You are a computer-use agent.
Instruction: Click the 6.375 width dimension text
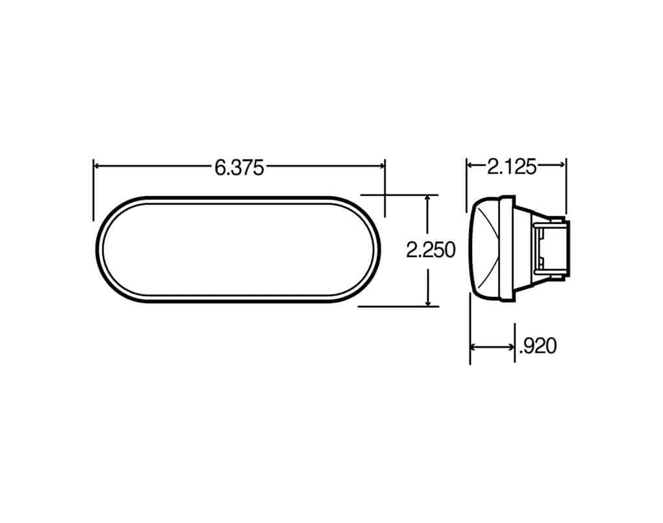(239, 168)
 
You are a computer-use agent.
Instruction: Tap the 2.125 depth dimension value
(512, 168)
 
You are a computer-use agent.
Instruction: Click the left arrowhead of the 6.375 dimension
(98, 166)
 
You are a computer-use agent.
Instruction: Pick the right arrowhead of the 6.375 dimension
(381, 166)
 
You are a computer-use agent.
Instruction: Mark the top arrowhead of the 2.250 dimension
(428, 199)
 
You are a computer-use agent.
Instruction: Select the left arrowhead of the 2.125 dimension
(471, 166)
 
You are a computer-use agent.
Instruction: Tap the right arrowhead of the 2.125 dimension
(562, 166)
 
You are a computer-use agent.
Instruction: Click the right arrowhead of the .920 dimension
(511, 347)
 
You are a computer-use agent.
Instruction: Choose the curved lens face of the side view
(484, 249)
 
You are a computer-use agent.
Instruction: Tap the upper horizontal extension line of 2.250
(399, 194)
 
